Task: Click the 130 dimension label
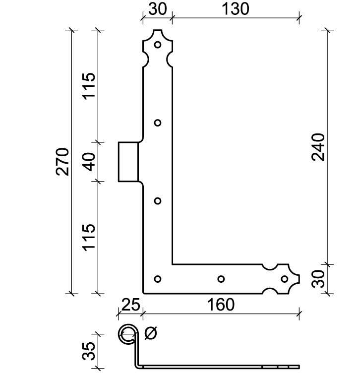coord(236,9)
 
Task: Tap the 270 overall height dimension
coord(62,162)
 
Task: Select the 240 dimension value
coord(318,147)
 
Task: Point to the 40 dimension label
coord(90,162)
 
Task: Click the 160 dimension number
coord(221,305)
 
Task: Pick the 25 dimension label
coord(130,305)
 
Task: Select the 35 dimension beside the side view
coord(88,351)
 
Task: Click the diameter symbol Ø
coord(151,333)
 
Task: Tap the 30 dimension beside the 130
coord(158,9)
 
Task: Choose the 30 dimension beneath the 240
coord(318,279)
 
